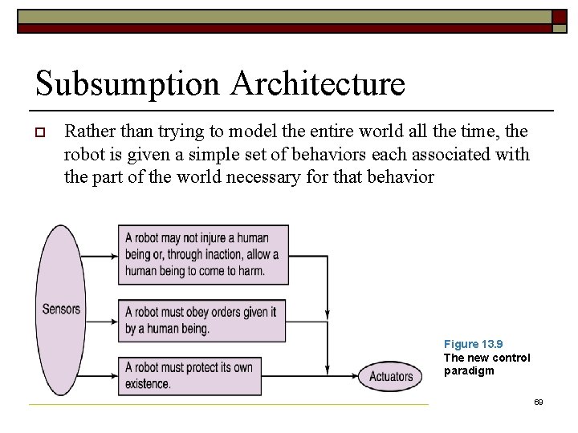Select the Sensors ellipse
(61, 309)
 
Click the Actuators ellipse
(391, 375)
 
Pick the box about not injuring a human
(203, 254)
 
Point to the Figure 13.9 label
(473, 344)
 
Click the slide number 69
(538, 401)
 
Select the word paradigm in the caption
(470, 371)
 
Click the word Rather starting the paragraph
(89, 130)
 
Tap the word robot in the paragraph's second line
(84, 153)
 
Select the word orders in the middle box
(220, 312)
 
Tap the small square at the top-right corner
(560, 17)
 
